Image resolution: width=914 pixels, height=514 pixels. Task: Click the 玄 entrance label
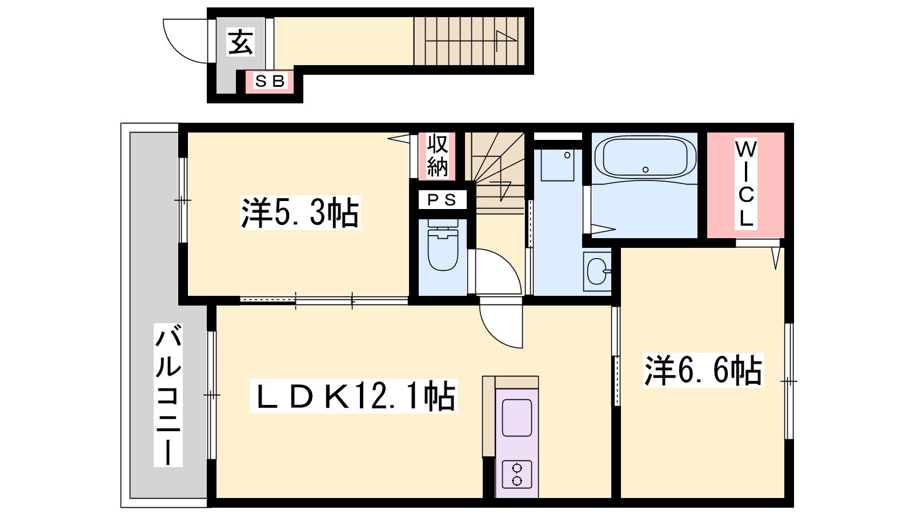coord(240,42)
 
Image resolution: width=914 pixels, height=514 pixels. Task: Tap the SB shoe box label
coord(269,81)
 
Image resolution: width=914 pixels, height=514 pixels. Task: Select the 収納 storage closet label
coord(438,155)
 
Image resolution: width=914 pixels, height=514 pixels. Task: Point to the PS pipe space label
coord(442,200)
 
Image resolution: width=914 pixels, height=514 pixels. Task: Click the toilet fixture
coord(443,245)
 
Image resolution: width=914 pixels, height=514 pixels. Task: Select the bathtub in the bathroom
coord(646,157)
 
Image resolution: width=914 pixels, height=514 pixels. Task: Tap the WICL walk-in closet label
coord(746,183)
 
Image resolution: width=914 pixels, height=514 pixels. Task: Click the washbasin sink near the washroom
coord(598,271)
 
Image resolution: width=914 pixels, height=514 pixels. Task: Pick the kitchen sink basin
coord(517,418)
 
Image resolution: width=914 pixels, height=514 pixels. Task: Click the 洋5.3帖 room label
coord(300,212)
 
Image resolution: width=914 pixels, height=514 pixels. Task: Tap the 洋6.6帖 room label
coord(703,371)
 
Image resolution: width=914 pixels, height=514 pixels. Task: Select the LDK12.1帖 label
coord(353,396)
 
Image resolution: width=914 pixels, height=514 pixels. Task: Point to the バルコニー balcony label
coord(168,395)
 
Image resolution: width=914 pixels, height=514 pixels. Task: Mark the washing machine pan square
coord(556,165)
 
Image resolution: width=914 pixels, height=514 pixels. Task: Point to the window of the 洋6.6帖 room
coord(789,382)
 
